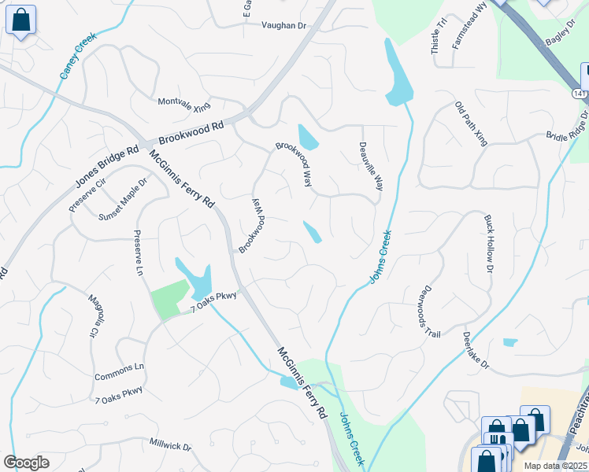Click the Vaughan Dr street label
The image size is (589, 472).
(x=283, y=26)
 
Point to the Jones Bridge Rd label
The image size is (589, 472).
(x=107, y=167)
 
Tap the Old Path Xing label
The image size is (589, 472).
(x=472, y=124)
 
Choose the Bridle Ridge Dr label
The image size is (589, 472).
(x=568, y=125)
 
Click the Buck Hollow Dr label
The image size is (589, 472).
(x=488, y=244)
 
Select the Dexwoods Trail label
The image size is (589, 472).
(x=432, y=311)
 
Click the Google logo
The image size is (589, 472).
(x=27, y=462)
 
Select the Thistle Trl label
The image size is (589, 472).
(x=437, y=36)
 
